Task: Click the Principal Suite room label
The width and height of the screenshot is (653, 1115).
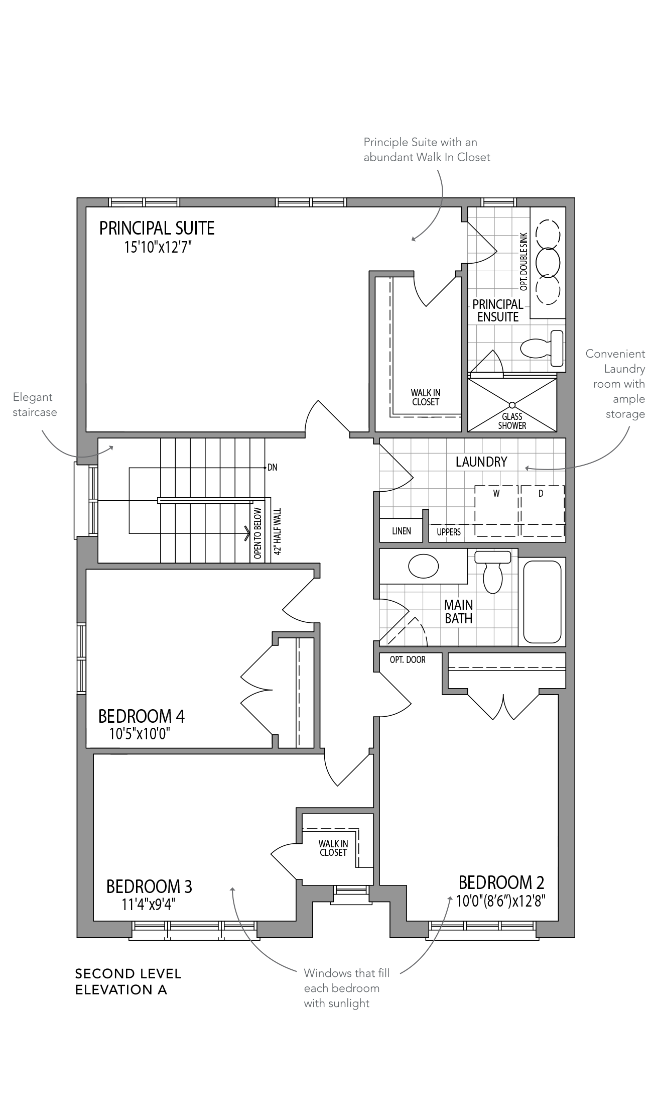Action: (x=157, y=228)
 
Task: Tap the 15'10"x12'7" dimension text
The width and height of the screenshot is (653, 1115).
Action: (x=159, y=247)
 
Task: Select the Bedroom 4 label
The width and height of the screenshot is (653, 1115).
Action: (x=142, y=716)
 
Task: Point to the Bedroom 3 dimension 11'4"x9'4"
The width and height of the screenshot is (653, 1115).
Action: (x=149, y=905)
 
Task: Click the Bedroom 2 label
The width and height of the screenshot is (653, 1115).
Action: (x=501, y=882)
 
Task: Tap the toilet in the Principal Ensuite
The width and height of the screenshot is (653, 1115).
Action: (x=542, y=348)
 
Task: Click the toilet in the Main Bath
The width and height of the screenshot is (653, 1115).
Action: (x=492, y=572)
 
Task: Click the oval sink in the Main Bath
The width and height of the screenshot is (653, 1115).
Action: (x=423, y=566)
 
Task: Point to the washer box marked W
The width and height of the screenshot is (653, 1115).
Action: (x=496, y=511)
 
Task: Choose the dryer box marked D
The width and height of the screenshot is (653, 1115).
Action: (x=543, y=511)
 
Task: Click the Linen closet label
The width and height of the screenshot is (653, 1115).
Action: (x=402, y=531)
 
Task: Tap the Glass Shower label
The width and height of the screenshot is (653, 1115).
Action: (x=512, y=421)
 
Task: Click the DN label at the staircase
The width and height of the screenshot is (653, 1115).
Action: (x=272, y=468)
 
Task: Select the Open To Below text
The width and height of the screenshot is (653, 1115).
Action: (x=257, y=533)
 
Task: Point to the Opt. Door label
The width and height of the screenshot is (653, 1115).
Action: (x=408, y=659)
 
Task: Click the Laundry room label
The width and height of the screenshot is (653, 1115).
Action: (x=481, y=462)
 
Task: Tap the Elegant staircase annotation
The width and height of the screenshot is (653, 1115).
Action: (x=35, y=405)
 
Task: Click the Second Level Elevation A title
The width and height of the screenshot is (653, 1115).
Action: (x=128, y=981)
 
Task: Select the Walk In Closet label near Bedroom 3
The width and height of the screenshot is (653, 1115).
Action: (x=333, y=848)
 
